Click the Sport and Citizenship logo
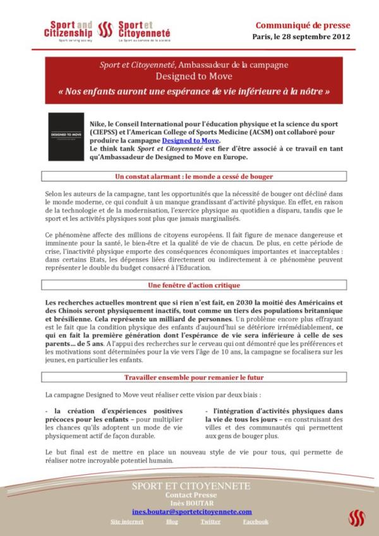click(x=68, y=29)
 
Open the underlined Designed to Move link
click(x=191, y=140)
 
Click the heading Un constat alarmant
click(x=189, y=177)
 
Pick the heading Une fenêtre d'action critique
click(x=189, y=285)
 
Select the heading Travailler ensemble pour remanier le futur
click(x=189, y=377)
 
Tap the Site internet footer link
click(x=126, y=522)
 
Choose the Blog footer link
click(x=172, y=522)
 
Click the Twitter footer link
click(x=210, y=522)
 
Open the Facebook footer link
click(x=255, y=522)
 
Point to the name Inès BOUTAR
click(x=191, y=503)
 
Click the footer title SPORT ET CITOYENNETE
click(x=191, y=486)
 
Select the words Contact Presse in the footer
click(x=191, y=496)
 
